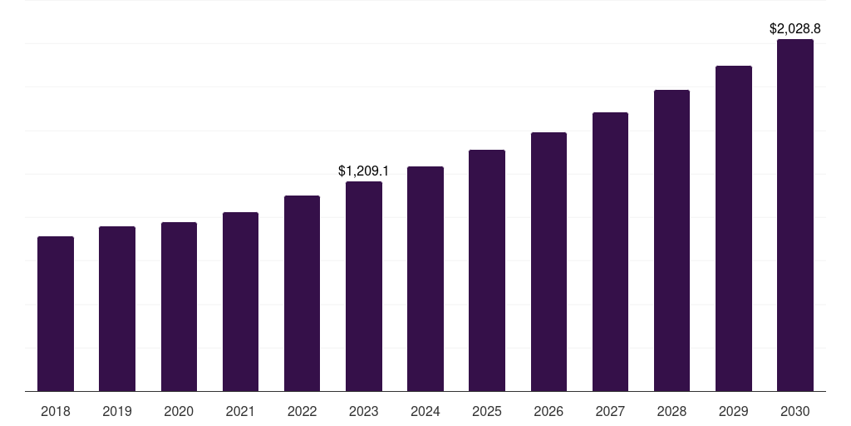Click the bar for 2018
click(56, 314)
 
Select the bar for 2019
click(117, 309)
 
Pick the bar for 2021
click(240, 301)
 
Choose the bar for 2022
click(302, 293)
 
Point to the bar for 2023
click(364, 286)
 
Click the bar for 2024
click(425, 279)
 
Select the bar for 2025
click(487, 270)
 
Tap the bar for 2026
click(548, 261)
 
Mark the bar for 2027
click(610, 251)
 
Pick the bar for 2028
click(671, 240)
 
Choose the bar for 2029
click(734, 228)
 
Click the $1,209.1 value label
click(364, 171)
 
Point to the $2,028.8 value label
click(795, 29)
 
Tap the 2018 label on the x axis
click(56, 411)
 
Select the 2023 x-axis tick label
click(364, 411)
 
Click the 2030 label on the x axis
click(795, 411)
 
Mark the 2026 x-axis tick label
click(548, 411)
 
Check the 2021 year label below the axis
click(240, 411)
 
